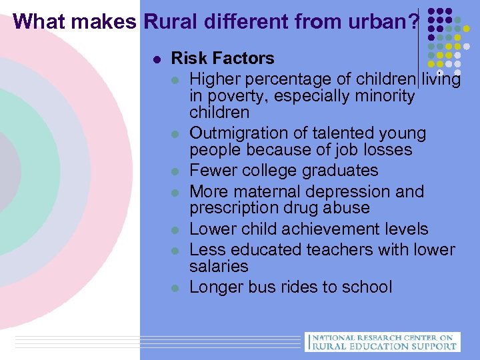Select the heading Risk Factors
(223, 59)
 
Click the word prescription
(234, 208)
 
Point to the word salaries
(219, 266)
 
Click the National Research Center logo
(381, 341)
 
